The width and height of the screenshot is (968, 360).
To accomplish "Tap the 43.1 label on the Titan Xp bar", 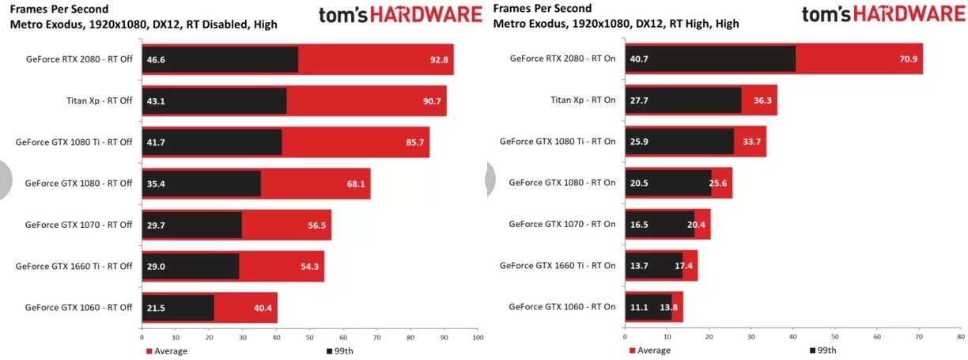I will pyautogui.click(x=156, y=100).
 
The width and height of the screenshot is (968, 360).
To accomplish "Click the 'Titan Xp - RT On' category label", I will pyautogui.click(x=583, y=100).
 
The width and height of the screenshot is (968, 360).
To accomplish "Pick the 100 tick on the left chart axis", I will pyautogui.click(x=477, y=338).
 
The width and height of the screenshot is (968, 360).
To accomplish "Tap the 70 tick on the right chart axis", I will pyautogui.click(x=919, y=338).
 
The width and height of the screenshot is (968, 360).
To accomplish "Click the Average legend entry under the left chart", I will pyautogui.click(x=167, y=351).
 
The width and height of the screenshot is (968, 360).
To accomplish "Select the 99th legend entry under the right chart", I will pyautogui.click(x=823, y=351).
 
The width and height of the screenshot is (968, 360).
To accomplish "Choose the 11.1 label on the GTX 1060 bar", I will pyautogui.click(x=639, y=307).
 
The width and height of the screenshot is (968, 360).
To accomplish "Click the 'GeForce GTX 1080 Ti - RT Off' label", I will pyautogui.click(x=74, y=142).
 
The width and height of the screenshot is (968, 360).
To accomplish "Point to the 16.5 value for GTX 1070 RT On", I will pyautogui.click(x=639, y=225).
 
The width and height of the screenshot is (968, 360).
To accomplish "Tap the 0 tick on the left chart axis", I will pyautogui.click(x=142, y=338).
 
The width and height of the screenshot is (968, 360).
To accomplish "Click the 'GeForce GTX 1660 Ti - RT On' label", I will pyautogui.click(x=558, y=266).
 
